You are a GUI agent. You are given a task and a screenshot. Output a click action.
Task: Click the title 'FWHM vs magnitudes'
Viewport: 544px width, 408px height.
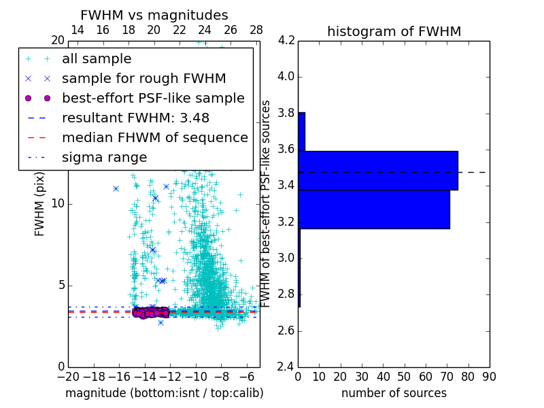[x=154, y=16]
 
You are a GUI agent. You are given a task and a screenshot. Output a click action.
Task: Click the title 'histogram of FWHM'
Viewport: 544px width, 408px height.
[x=394, y=31]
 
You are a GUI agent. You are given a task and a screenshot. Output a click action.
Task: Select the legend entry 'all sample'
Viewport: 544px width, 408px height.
[x=97, y=59]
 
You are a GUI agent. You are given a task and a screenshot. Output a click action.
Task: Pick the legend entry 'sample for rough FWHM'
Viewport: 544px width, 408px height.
[x=143, y=79]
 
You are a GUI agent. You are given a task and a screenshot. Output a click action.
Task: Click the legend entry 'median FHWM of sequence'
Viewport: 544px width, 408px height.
[x=154, y=137]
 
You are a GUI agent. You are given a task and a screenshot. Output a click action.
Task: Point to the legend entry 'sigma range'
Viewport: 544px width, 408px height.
[x=104, y=158]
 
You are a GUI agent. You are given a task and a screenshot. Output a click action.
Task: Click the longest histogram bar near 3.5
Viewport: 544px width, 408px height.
[x=377, y=170]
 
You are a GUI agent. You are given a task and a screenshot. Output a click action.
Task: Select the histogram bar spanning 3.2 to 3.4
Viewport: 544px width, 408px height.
[x=373, y=209]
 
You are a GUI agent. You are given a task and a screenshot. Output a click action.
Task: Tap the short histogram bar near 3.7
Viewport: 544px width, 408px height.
[x=301, y=131]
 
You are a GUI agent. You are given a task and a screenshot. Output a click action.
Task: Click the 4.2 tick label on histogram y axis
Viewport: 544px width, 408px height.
[x=286, y=40]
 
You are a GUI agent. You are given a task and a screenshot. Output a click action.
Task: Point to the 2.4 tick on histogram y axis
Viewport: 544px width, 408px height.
[x=286, y=367]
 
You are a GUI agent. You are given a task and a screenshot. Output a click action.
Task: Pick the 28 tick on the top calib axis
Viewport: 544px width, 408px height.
[x=256, y=30]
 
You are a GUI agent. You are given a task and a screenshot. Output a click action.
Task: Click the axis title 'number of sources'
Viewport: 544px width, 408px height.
[x=394, y=393]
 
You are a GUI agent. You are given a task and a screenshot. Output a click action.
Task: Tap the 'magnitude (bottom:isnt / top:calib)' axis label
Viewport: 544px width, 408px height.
[x=164, y=393]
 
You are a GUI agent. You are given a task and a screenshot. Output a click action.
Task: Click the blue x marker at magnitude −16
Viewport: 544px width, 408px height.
[x=116, y=188]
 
